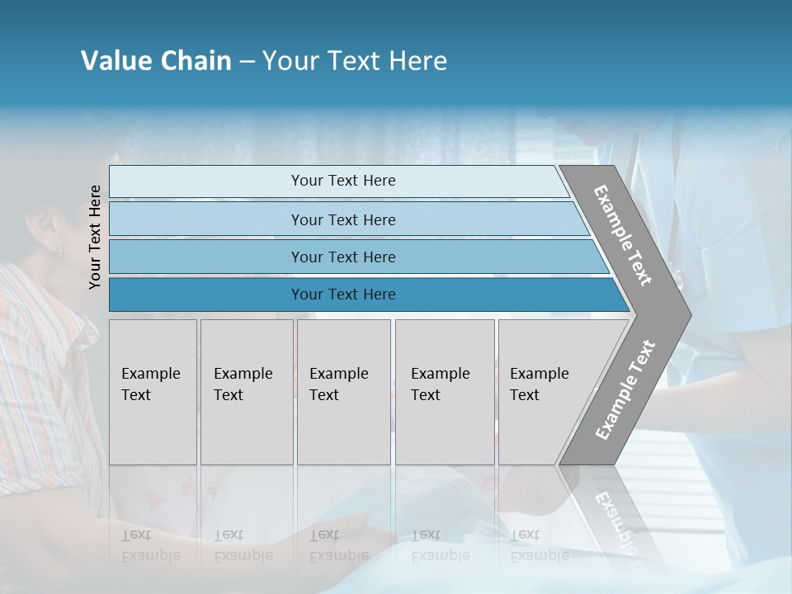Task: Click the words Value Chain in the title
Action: point(156,61)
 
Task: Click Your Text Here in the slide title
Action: point(355,61)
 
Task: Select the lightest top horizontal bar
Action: point(206,181)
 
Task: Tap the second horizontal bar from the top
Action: point(206,219)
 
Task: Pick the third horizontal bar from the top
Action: point(206,257)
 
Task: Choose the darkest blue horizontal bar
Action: point(206,295)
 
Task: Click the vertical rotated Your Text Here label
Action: point(95,237)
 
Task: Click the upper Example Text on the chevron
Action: point(623,235)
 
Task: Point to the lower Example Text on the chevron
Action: point(625,389)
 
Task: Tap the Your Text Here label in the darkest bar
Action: point(343,295)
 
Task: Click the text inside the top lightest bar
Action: point(343,181)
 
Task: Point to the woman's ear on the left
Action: point(59,244)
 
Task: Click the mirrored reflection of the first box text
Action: point(149,545)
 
